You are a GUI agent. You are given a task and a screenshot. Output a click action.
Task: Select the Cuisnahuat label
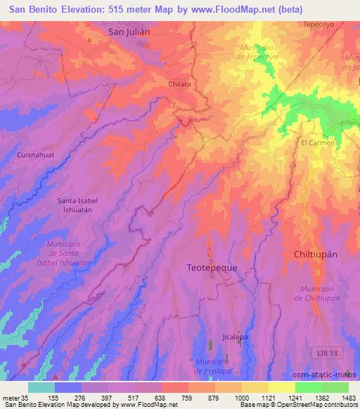coord(36,152)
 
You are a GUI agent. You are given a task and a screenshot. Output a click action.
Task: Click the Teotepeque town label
coord(212,268)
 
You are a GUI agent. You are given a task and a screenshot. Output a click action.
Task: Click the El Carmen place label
coord(318,143)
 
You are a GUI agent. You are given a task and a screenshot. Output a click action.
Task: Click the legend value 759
coord(187,398)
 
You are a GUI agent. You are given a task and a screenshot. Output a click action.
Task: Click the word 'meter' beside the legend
coord(10,398)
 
